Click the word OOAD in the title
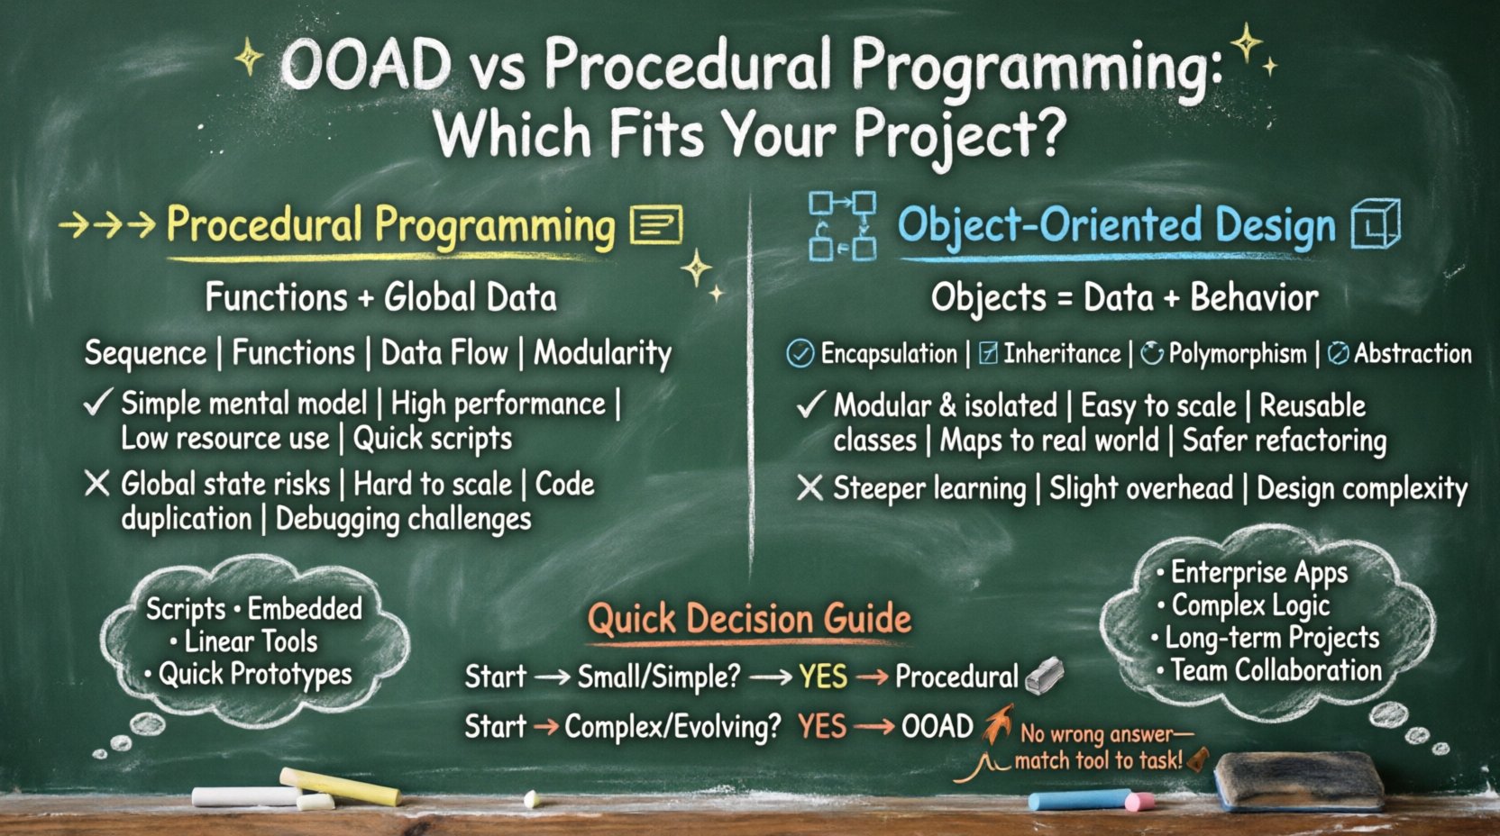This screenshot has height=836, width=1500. (365, 65)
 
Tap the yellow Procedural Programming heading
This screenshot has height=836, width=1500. (389, 225)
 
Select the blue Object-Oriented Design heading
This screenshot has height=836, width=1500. (1116, 225)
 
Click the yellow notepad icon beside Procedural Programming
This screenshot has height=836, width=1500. (655, 224)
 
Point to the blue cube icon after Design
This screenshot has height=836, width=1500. (1376, 223)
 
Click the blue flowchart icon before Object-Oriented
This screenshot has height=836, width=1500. (842, 225)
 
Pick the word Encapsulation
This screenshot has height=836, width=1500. (888, 354)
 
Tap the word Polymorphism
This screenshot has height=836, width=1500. (1237, 354)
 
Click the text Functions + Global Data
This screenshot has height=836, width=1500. (380, 297)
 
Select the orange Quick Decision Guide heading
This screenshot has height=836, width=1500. (749, 619)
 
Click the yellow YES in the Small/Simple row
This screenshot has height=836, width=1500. (822, 677)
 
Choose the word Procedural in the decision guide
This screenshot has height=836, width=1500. (956, 677)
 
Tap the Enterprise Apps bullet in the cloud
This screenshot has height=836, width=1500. (1258, 572)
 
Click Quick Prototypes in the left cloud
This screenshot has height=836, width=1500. (254, 674)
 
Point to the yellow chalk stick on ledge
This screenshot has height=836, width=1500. (339, 786)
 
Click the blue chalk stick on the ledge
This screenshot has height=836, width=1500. (1078, 799)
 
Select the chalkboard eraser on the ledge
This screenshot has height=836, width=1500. (1299, 780)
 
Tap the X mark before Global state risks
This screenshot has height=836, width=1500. (96, 484)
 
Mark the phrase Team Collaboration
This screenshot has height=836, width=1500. (1275, 670)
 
